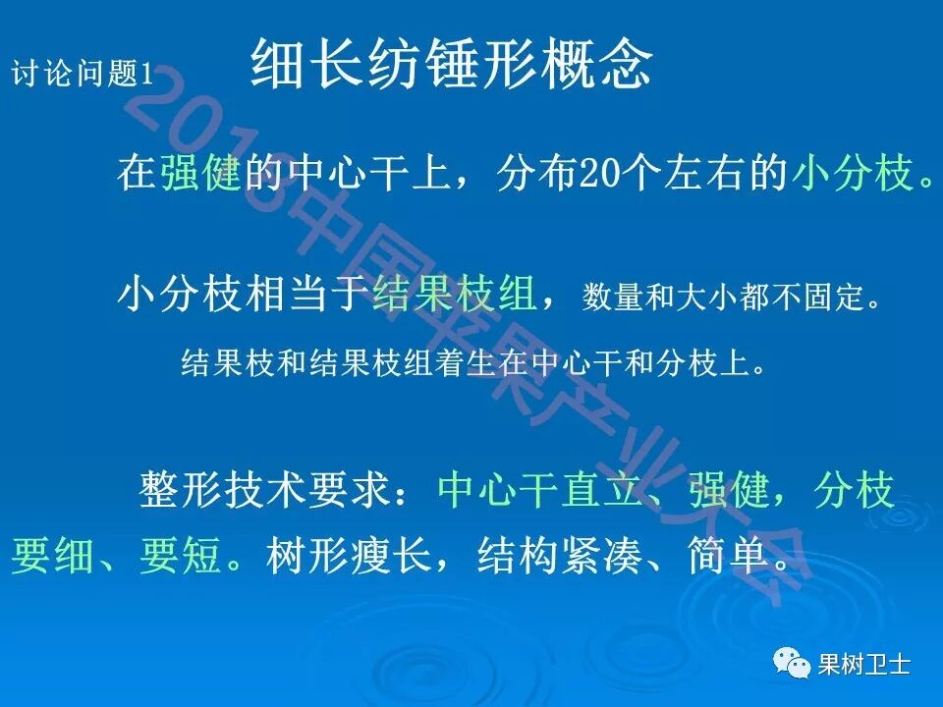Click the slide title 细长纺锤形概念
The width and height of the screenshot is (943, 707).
pyautogui.click(x=452, y=65)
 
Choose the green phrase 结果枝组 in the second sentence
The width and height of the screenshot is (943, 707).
pyautogui.click(x=454, y=293)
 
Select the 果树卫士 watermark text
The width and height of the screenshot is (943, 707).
pyautogui.click(x=864, y=666)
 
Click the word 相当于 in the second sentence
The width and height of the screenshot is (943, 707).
pyautogui.click(x=295, y=293)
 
